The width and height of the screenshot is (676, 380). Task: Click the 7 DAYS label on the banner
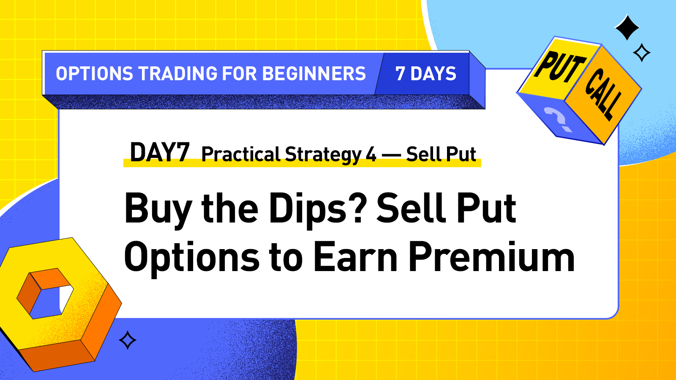point(426,74)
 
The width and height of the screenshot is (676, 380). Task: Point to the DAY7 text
point(159,152)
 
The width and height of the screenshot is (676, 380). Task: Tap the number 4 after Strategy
point(371,155)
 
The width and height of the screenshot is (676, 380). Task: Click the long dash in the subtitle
point(391,155)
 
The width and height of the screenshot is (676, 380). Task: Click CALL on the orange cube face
point(603,94)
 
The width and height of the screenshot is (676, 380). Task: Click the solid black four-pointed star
point(627,27)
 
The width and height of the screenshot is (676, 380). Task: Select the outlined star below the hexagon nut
point(128,340)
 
